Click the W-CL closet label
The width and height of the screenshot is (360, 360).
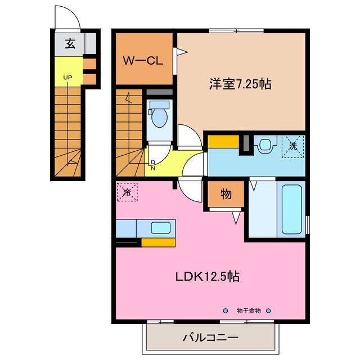point(143,59)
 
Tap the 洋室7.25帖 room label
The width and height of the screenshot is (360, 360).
point(240,84)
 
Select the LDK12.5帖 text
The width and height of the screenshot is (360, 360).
point(208,276)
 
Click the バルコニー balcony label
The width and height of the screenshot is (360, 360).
point(210,339)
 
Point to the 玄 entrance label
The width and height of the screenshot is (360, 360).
point(70,44)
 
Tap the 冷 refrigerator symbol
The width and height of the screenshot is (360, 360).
point(127,192)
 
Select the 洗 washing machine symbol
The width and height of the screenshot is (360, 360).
point(292,145)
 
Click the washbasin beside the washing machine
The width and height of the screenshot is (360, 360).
point(265,145)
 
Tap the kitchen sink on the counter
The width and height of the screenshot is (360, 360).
point(161,228)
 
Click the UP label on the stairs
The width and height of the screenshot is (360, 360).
point(67,77)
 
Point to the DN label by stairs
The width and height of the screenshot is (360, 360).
point(152,164)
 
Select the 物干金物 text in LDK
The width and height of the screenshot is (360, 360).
point(248,310)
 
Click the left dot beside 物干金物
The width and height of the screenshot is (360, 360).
point(226,310)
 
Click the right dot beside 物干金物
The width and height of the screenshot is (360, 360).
point(268,310)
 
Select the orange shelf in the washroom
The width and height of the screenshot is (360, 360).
point(223,142)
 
